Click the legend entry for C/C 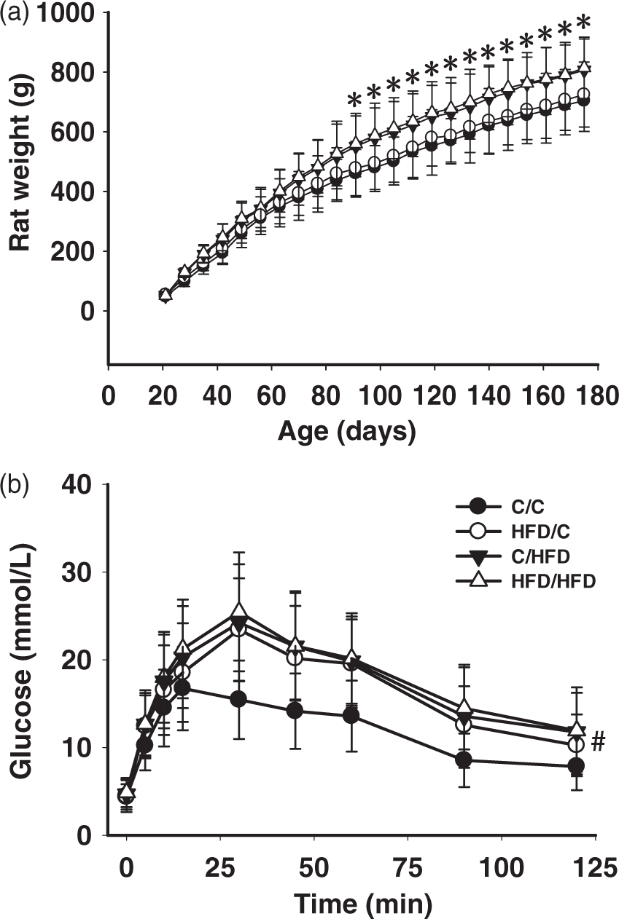pyautogui.click(x=527, y=507)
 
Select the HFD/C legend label pyautogui.click(x=540, y=532)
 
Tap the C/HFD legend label pyautogui.click(x=540, y=557)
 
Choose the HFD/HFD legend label pyautogui.click(x=553, y=581)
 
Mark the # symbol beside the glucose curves pyautogui.click(x=598, y=743)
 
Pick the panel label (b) pyautogui.click(x=15, y=484)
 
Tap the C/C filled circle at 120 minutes pyautogui.click(x=576, y=765)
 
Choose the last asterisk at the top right pyautogui.click(x=583, y=21)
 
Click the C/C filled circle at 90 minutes pyautogui.click(x=464, y=760)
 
